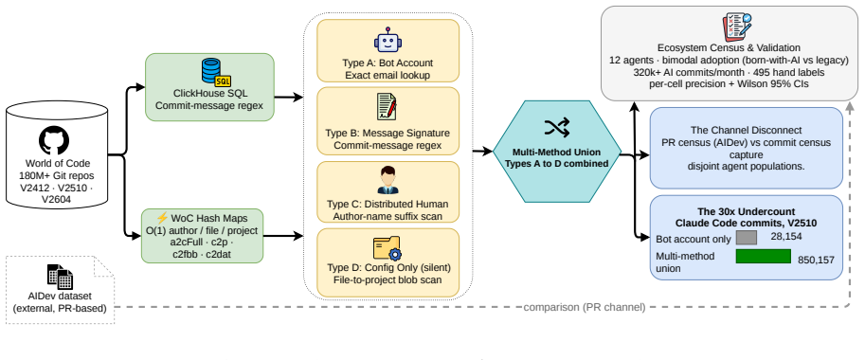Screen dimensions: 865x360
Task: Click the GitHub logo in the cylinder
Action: [54, 140]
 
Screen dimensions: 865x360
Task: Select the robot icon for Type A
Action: [387, 40]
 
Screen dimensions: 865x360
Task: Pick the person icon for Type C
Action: [387, 181]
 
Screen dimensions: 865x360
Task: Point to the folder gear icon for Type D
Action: [388, 248]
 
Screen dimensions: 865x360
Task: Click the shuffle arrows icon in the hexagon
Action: [557, 129]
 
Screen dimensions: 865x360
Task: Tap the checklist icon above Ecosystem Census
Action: [737, 26]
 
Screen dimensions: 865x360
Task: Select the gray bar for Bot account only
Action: [747, 238]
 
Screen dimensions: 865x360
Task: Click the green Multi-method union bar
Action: [764, 257]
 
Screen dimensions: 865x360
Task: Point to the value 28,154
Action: [785, 236]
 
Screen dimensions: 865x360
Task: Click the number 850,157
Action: [817, 261]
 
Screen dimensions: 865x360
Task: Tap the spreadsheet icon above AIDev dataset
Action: [60, 277]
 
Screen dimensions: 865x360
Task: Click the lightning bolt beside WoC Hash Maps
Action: [162, 218]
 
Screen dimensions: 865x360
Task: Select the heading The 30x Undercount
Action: [746, 211]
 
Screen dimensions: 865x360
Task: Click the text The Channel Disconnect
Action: [746, 131]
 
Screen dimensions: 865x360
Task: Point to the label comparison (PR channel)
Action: [585, 307]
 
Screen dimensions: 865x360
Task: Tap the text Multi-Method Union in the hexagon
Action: [557, 152]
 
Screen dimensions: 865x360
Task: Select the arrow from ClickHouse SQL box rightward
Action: [289, 98]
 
